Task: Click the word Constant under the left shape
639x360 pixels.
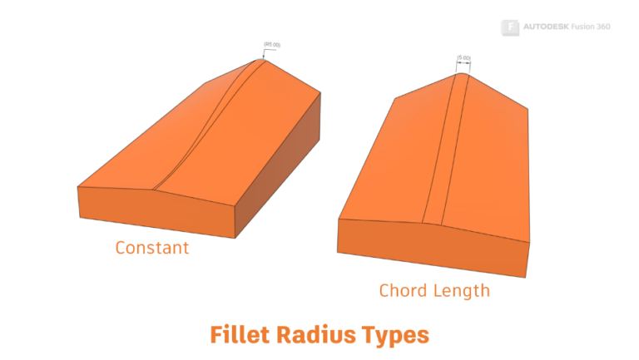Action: pyautogui.click(x=152, y=248)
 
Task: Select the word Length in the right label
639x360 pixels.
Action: pyautogui.click(x=462, y=290)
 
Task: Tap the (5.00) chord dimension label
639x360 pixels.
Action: pyautogui.click(x=463, y=58)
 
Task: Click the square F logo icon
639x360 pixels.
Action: pyautogui.click(x=511, y=27)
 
